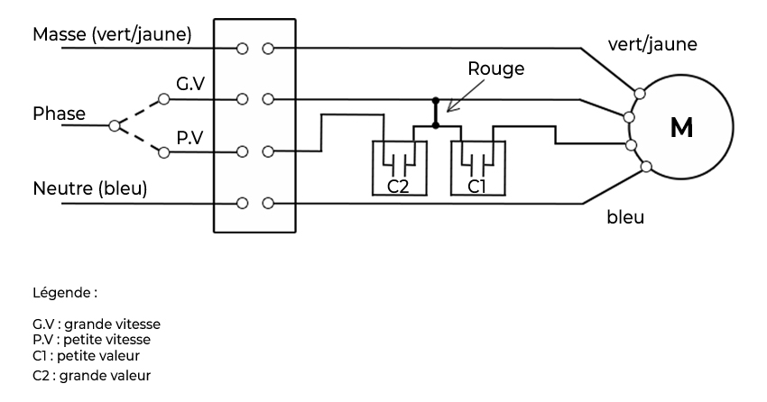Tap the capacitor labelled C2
click(x=399, y=168)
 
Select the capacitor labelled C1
click(x=476, y=168)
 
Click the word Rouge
click(x=495, y=69)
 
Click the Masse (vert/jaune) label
click(x=112, y=34)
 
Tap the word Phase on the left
click(x=59, y=114)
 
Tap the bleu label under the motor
click(x=625, y=217)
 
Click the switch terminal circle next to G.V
click(x=163, y=98)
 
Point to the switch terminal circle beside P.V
click(x=163, y=153)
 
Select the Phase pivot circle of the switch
click(x=114, y=126)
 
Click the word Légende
click(x=64, y=294)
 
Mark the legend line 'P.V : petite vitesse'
click(x=91, y=339)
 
